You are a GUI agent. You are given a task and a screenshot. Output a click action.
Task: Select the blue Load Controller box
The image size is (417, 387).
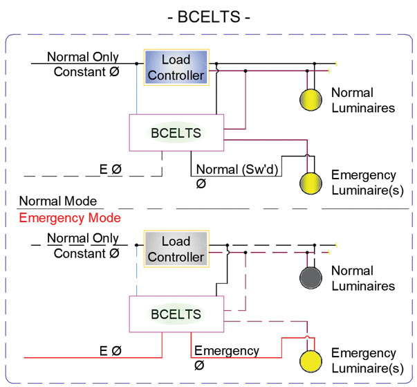point(174,67)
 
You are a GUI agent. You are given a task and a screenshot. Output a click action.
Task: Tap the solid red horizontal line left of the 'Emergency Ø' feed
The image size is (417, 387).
point(90,358)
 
